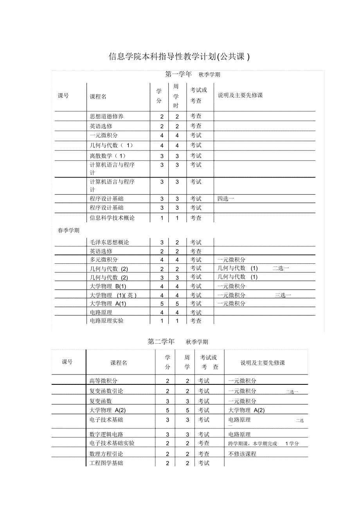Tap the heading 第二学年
pyautogui.click(x=161, y=341)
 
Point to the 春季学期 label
pyautogui.click(x=68, y=231)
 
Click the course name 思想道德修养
pyautogui.click(x=106, y=116)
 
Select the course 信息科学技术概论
pyautogui.click(x=112, y=218)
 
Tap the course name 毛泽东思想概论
pyautogui.click(x=109, y=242)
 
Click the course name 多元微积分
pyautogui.click(x=104, y=260)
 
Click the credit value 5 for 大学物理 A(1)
pyautogui.click(x=162, y=304)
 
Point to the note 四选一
pyautogui.click(x=226, y=199)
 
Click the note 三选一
pyautogui.click(x=283, y=295)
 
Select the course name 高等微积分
pyautogui.click(x=103, y=380)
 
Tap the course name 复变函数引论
pyautogui.click(x=106, y=391)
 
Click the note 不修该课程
pyautogui.click(x=242, y=454)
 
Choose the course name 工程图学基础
pyautogui.click(x=106, y=463)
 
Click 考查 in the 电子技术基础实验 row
pyautogui.click(x=203, y=443)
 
